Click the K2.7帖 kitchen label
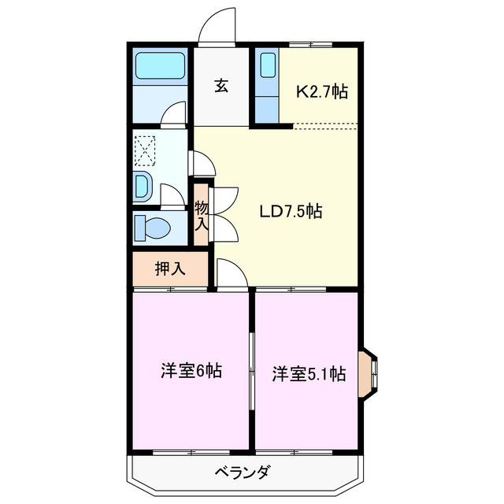[x=321, y=91]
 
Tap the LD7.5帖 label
[x=291, y=211]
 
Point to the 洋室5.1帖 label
[x=309, y=374]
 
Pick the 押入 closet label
[x=169, y=269]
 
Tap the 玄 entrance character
[x=221, y=85]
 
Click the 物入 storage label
[x=202, y=214]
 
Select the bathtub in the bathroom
[x=160, y=65]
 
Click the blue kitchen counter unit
[x=266, y=84]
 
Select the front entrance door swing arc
[x=215, y=27]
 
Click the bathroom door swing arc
[x=173, y=115]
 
